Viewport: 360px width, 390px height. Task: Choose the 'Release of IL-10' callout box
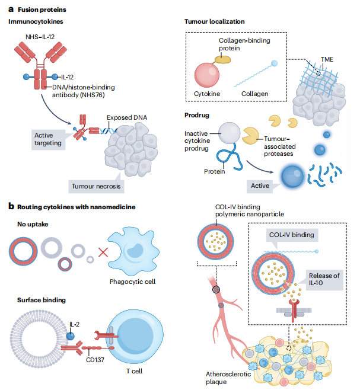click(x=326, y=278)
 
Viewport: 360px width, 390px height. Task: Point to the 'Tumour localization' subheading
click(x=214, y=22)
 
